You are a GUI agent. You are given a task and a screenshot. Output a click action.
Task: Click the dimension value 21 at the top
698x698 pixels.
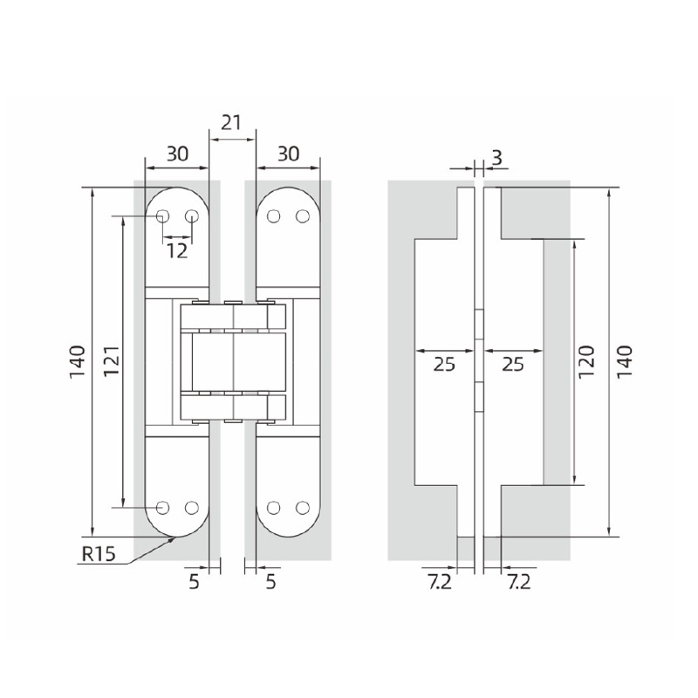coord(231,122)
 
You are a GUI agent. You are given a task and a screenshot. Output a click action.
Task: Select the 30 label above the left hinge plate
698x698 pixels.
coord(178,154)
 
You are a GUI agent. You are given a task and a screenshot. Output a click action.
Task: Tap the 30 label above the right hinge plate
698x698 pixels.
coord(289,154)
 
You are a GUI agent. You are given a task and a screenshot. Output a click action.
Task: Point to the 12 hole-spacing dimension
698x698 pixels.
coord(177,251)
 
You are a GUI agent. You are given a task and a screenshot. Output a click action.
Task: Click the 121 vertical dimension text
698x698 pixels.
coord(112,360)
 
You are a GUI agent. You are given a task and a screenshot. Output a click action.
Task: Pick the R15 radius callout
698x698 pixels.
coord(99,554)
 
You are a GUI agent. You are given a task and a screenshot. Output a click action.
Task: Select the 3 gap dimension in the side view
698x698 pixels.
coord(496,157)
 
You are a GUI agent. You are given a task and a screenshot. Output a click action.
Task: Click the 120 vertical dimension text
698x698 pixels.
coord(586,361)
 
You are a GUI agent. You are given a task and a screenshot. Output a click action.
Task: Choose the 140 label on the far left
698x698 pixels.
coord(77,361)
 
